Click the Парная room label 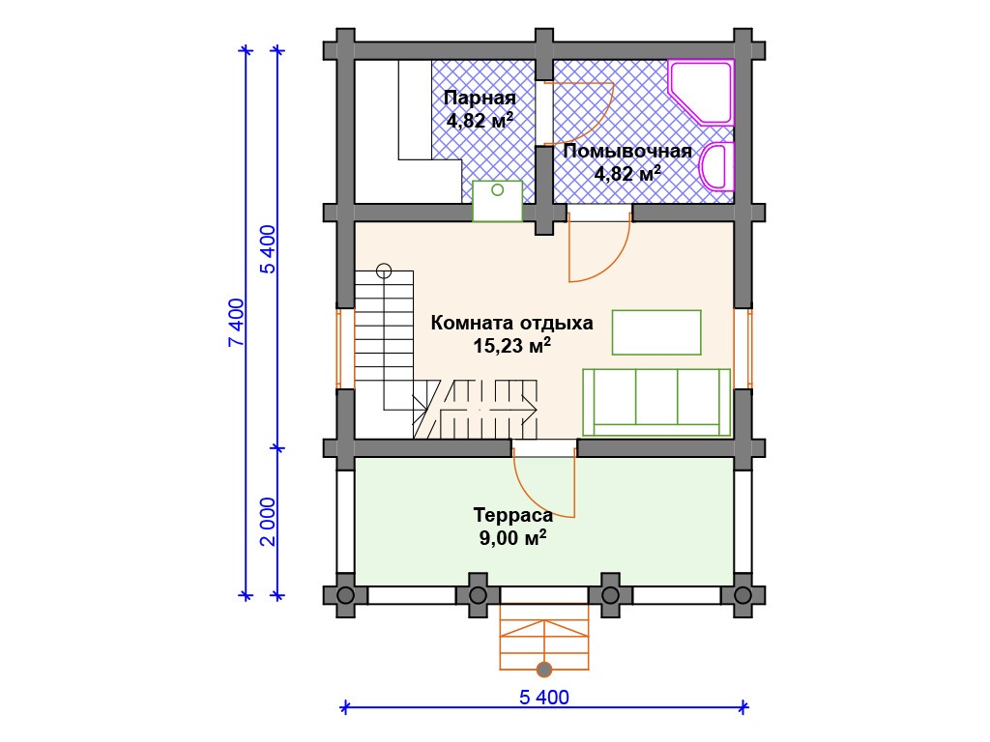click(x=480, y=99)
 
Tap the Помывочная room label click(x=627, y=152)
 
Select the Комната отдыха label click(x=512, y=323)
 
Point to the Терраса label click(x=513, y=515)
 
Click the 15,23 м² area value click(x=512, y=345)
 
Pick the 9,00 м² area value click(x=512, y=537)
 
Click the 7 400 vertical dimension click(x=236, y=323)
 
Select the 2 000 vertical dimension click(x=269, y=522)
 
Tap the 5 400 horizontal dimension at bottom click(x=544, y=698)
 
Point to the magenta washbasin click(x=718, y=166)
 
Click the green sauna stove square click(x=498, y=201)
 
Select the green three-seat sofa click(x=656, y=403)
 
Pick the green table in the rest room click(x=656, y=332)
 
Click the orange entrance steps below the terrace click(x=544, y=637)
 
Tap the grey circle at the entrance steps click(x=544, y=670)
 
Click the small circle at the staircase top click(x=384, y=271)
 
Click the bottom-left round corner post click(x=345, y=595)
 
